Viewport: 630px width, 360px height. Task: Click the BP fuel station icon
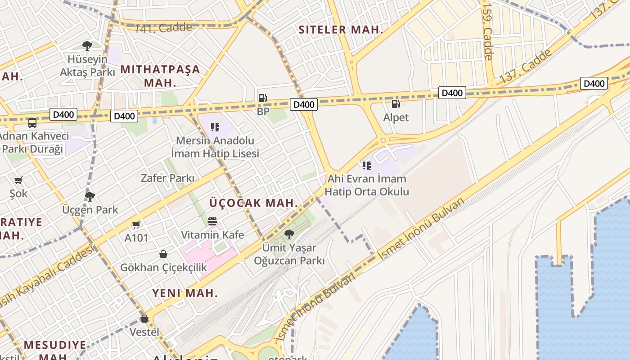262,98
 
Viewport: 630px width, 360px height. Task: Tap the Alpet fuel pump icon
396,104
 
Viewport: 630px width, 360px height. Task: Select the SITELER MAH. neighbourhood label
341,30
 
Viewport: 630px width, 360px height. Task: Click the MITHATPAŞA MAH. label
160,76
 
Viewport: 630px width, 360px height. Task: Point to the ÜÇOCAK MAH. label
253,203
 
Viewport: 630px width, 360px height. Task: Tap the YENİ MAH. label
185,293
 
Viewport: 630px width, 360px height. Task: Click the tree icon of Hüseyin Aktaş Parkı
87,45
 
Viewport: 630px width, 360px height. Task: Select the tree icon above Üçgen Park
90,196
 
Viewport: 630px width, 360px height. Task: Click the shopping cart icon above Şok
18,180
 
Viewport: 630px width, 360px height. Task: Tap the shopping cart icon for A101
136,225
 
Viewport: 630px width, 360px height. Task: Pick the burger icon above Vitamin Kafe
212,221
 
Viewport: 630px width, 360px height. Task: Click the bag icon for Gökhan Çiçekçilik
163,254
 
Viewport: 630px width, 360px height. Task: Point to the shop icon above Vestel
144,319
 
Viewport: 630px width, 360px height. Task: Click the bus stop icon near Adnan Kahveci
32,122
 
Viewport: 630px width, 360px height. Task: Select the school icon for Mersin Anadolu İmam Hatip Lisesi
215,127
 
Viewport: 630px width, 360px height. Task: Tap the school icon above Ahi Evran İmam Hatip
367,166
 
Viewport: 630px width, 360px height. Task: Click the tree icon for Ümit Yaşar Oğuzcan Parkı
289,234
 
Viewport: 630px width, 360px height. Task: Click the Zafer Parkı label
167,178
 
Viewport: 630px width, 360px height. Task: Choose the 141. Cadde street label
163,27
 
